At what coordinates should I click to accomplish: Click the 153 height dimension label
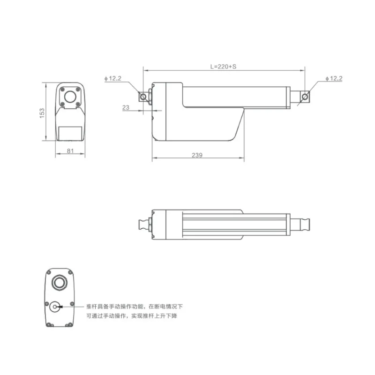(x=42, y=112)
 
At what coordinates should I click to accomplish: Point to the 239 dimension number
(x=197, y=156)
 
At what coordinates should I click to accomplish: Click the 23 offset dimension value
(x=125, y=107)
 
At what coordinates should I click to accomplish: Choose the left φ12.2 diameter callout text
(x=112, y=79)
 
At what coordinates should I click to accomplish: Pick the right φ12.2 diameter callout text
(x=333, y=79)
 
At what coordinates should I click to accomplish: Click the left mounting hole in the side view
(x=143, y=97)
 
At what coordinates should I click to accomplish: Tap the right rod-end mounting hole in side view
(x=305, y=97)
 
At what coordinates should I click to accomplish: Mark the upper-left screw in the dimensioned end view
(x=62, y=89)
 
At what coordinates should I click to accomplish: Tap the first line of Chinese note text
(x=135, y=306)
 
